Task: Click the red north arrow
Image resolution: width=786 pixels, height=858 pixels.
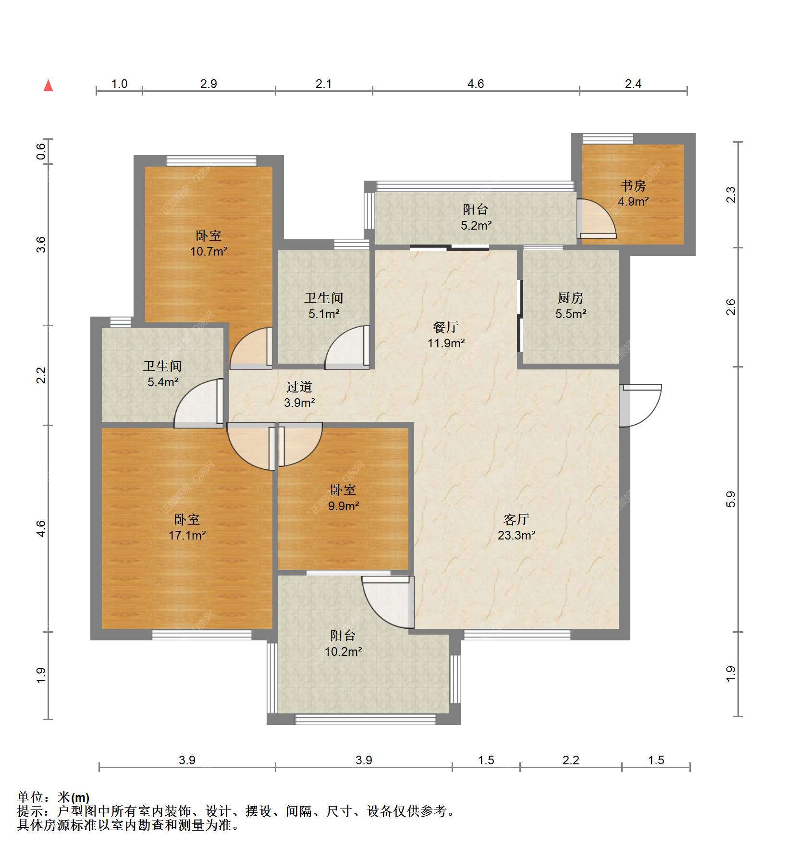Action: (x=48, y=86)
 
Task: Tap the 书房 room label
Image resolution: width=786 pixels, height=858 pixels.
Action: (x=633, y=186)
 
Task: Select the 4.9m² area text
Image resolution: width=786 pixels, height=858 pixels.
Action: (x=633, y=202)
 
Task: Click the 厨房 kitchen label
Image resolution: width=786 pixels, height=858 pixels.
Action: (x=570, y=298)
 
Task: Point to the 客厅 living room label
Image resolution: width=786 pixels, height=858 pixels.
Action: (x=516, y=519)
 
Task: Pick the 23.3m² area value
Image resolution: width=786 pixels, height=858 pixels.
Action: (x=516, y=535)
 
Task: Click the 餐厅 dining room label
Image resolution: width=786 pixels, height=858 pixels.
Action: (x=446, y=328)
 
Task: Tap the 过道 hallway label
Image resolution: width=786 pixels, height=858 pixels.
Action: (x=299, y=387)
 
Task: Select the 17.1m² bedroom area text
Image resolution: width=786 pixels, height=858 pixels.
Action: (x=187, y=535)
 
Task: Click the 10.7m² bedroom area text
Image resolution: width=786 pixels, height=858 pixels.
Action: (x=209, y=251)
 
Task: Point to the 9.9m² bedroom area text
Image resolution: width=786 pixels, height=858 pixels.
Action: (x=344, y=506)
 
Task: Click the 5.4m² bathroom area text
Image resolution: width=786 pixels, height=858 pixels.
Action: (x=163, y=382)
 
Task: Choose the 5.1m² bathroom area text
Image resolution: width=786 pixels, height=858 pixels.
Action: (x=324, y=314)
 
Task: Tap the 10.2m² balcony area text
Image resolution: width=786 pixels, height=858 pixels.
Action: (x=343, y=652)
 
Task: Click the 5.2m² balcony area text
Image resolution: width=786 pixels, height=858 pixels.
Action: (x=476, y=225)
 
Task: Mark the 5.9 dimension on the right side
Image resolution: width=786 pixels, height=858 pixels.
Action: (x=731, y=500)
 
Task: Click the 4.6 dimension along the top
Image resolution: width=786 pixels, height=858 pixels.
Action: (x=476, y=84)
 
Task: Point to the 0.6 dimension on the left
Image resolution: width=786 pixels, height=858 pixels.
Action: (x=42, y=152)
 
